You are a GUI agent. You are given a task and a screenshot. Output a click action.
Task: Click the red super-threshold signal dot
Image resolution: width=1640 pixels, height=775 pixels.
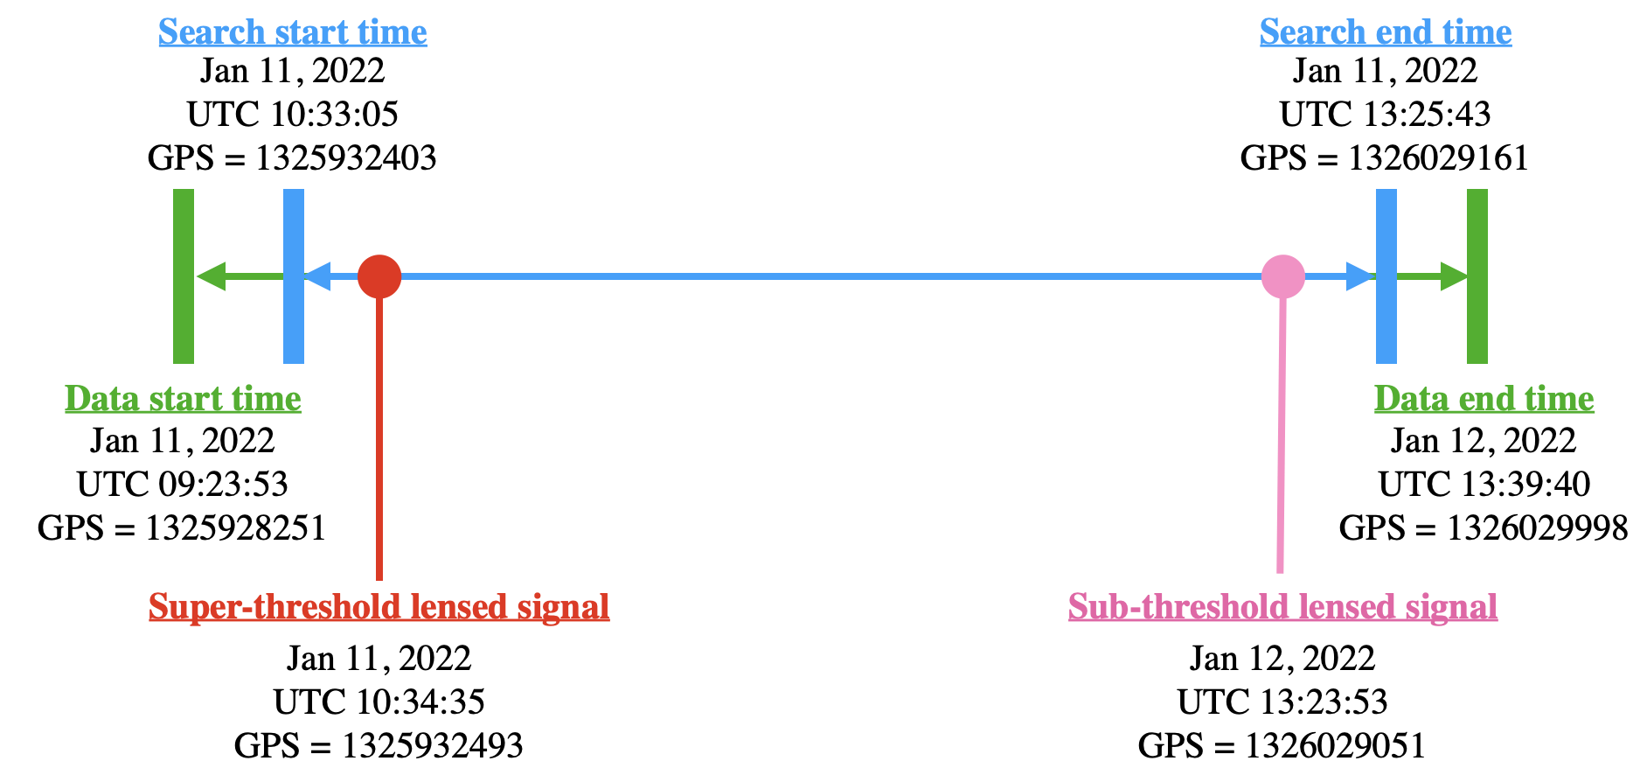pos(379,276)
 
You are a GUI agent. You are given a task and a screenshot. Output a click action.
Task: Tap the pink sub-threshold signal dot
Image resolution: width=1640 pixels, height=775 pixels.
pos(1283,276)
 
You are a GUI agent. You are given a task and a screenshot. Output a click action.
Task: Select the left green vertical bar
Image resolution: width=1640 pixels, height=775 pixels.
pos(184,276)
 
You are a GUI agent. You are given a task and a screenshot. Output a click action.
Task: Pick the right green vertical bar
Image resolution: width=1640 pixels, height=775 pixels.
pos(1477,276)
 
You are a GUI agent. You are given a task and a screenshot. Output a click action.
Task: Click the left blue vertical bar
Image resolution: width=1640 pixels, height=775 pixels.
pos(294,276)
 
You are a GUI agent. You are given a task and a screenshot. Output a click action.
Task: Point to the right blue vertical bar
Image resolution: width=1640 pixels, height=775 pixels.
pos(1386,276)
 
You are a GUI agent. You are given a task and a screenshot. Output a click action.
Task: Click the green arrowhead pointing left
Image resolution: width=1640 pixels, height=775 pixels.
pos(211,276)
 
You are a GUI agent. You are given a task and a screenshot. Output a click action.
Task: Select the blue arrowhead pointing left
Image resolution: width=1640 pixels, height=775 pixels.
pos(317,276)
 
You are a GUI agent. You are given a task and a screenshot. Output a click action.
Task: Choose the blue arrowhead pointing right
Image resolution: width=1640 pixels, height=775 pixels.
pos(1359,276)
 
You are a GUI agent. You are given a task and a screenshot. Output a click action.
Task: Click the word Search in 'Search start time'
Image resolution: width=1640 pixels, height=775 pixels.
pos(212,32)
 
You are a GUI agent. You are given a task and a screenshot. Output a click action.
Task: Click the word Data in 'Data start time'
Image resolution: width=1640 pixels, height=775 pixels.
pos(102,399)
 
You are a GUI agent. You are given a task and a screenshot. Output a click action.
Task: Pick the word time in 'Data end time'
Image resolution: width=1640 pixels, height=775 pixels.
pos(1560,399)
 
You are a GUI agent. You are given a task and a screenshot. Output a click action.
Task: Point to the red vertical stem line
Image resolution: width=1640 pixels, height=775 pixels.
pos(379,437)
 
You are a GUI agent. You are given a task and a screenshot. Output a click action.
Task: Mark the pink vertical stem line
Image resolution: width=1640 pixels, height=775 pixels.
pos(1282,437)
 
